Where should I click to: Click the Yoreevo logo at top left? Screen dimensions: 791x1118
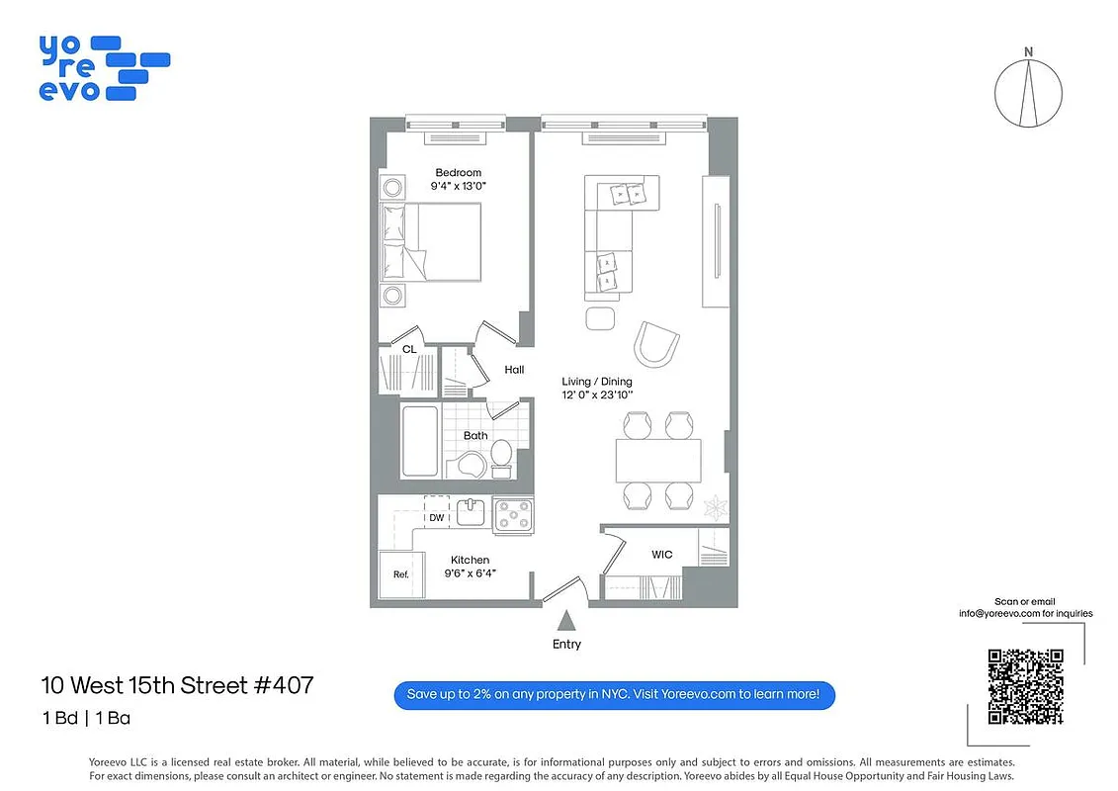tap(104, 68)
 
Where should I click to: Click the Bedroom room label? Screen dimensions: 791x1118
tap(458, 173)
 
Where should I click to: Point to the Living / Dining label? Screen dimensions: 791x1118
tap(596, 382)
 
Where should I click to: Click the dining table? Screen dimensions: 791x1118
tap(658, 460)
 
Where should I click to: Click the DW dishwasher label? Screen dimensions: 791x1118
tap(436, 517)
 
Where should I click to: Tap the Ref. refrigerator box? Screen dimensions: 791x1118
tap(400, 573)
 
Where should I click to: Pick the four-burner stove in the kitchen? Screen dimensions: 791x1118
tap(513, 515)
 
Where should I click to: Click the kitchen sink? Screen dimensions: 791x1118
tap(471, 513)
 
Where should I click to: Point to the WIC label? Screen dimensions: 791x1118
tap(661, 555)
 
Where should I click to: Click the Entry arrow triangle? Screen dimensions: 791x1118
tap(567, 621)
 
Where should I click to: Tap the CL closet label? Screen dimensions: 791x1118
tap(408, 349)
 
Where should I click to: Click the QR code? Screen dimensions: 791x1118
tap(1025, 686)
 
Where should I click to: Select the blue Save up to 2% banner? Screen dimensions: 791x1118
tap(614, 694)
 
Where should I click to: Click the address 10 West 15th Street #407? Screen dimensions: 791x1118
tap(177, 684)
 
